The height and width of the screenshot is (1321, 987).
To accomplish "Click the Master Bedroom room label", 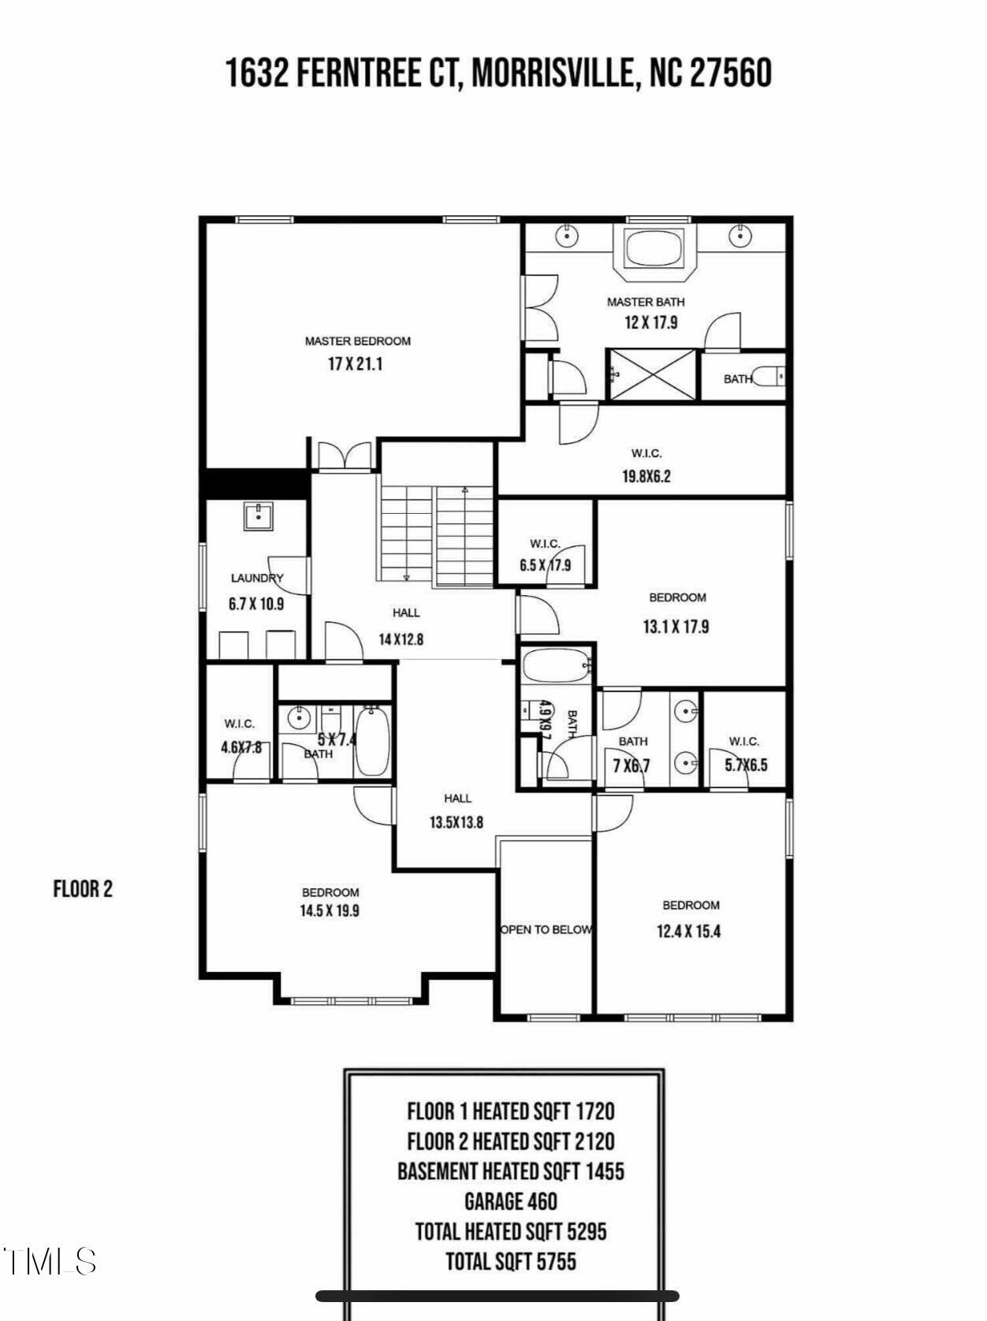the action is pyautogui.click(x=357, y=341).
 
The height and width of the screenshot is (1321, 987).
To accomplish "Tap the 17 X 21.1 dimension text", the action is pyautogui.click(x=355, y=364).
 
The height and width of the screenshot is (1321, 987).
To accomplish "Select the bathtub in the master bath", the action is pyautogui.click(x=655, y=247).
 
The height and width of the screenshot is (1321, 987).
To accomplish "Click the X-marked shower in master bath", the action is pyautogui.click(x=653, y=375).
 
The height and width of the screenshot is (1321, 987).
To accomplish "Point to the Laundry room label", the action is pyautogui.click(x=257, y=579).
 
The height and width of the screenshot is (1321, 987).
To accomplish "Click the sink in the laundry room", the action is pyautogui.click(x=259, y=516).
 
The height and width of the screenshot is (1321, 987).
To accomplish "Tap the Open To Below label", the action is pyautogui.click(x=546, y=930).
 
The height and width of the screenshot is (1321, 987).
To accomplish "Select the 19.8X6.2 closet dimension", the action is pyautogui.click(x=646, y=477).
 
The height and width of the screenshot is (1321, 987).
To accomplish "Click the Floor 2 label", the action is pyautogui.click(x=83, y=889).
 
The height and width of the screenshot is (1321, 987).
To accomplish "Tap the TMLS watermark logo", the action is pyautogui.click(x=50, y=1261).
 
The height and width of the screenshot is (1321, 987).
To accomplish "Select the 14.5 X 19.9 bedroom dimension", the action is pyautogui.click(x=330, y=910).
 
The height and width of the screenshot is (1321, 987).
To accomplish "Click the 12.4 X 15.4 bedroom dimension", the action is pyautogui.click(x=688, y=932).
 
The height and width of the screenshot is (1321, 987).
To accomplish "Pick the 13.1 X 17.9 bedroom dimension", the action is pyautogui.click(x=676, y=627).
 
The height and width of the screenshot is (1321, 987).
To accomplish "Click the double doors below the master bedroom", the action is pyautogui.click(x=345, y=456).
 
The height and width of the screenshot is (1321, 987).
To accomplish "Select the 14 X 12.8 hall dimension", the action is pyautogui.click(x=400, y=639).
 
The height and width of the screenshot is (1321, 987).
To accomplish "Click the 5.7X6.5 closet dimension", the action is pyautogui.click(x=747, y=765).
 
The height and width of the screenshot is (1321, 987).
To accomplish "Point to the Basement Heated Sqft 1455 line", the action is pyautogui.click(x=511, y=1171).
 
